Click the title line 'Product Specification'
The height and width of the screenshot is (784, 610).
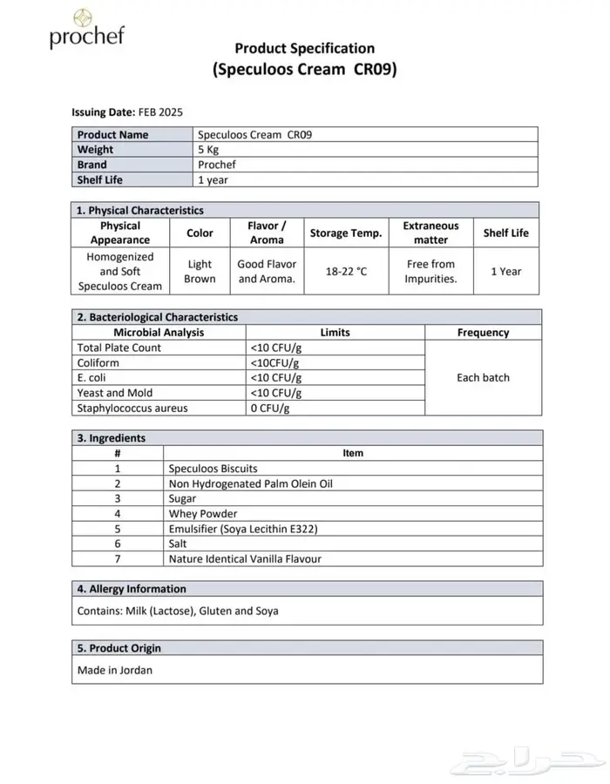[305, 49]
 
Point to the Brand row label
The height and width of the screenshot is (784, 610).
[92, 165]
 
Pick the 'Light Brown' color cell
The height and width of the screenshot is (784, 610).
[200, 271]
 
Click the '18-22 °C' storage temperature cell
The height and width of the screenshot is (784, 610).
[346, 271]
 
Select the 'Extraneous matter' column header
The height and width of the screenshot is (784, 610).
[430, 233]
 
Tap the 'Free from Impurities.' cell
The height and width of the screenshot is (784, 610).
[430, 271]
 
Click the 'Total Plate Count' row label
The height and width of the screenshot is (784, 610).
[119, 348]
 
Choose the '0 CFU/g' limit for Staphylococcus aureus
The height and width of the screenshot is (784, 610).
[270, 408]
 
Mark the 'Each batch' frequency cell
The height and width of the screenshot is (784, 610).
[483, 377]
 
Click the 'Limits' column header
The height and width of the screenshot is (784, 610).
[335, 332]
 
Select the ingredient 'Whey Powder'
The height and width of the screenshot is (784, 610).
[203, 514]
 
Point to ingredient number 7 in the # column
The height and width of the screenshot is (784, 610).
[117, 559]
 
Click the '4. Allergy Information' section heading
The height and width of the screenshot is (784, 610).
[132, 589]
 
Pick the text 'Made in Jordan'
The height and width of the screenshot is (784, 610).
[108, 670]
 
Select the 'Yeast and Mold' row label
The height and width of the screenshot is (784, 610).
[115, 393]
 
